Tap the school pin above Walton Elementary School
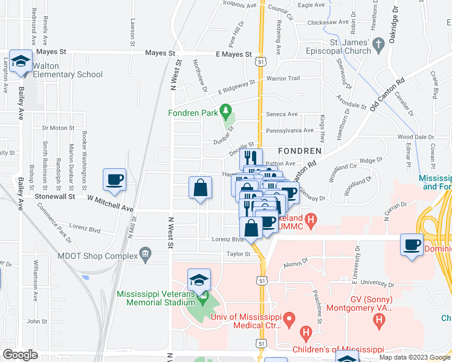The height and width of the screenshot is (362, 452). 22,61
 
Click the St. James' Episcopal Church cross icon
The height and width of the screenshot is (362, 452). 378,44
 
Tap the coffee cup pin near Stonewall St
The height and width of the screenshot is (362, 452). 115,179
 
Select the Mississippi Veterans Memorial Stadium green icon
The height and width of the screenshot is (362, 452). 204,297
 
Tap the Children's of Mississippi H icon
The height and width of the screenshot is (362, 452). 306,332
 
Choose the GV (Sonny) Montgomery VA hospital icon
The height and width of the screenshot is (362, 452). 379,319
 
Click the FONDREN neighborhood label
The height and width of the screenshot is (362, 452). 298,150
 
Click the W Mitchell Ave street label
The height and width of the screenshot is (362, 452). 110,203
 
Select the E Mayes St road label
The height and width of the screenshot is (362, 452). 233,54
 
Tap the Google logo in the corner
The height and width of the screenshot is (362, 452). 21,355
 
